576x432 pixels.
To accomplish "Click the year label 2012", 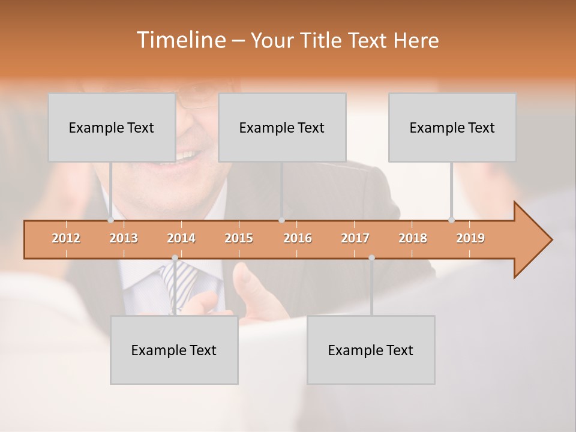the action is pos(66,238).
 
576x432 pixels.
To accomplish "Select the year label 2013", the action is pos(124,238).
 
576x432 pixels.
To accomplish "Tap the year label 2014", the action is pos(181,238).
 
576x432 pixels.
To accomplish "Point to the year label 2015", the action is pos(239,238).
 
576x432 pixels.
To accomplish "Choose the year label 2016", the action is pos(298,238).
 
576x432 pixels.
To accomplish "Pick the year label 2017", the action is pos(355,238).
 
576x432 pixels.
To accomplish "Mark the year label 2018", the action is pos(413,238).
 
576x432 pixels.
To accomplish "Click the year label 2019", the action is pos(470,238).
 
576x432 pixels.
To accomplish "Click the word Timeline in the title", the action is pos(180,40).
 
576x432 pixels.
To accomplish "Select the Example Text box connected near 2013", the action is pos(112,127).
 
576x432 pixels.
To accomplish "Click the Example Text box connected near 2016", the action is pos(282,127).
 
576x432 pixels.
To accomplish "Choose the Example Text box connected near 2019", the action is pos(452,127).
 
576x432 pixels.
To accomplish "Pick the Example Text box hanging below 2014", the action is pos(174,350).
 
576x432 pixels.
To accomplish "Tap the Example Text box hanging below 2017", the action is pos(371,350).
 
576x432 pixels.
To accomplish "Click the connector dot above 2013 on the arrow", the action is pos(110,220).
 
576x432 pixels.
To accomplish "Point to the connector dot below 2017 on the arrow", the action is pos(371,257).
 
